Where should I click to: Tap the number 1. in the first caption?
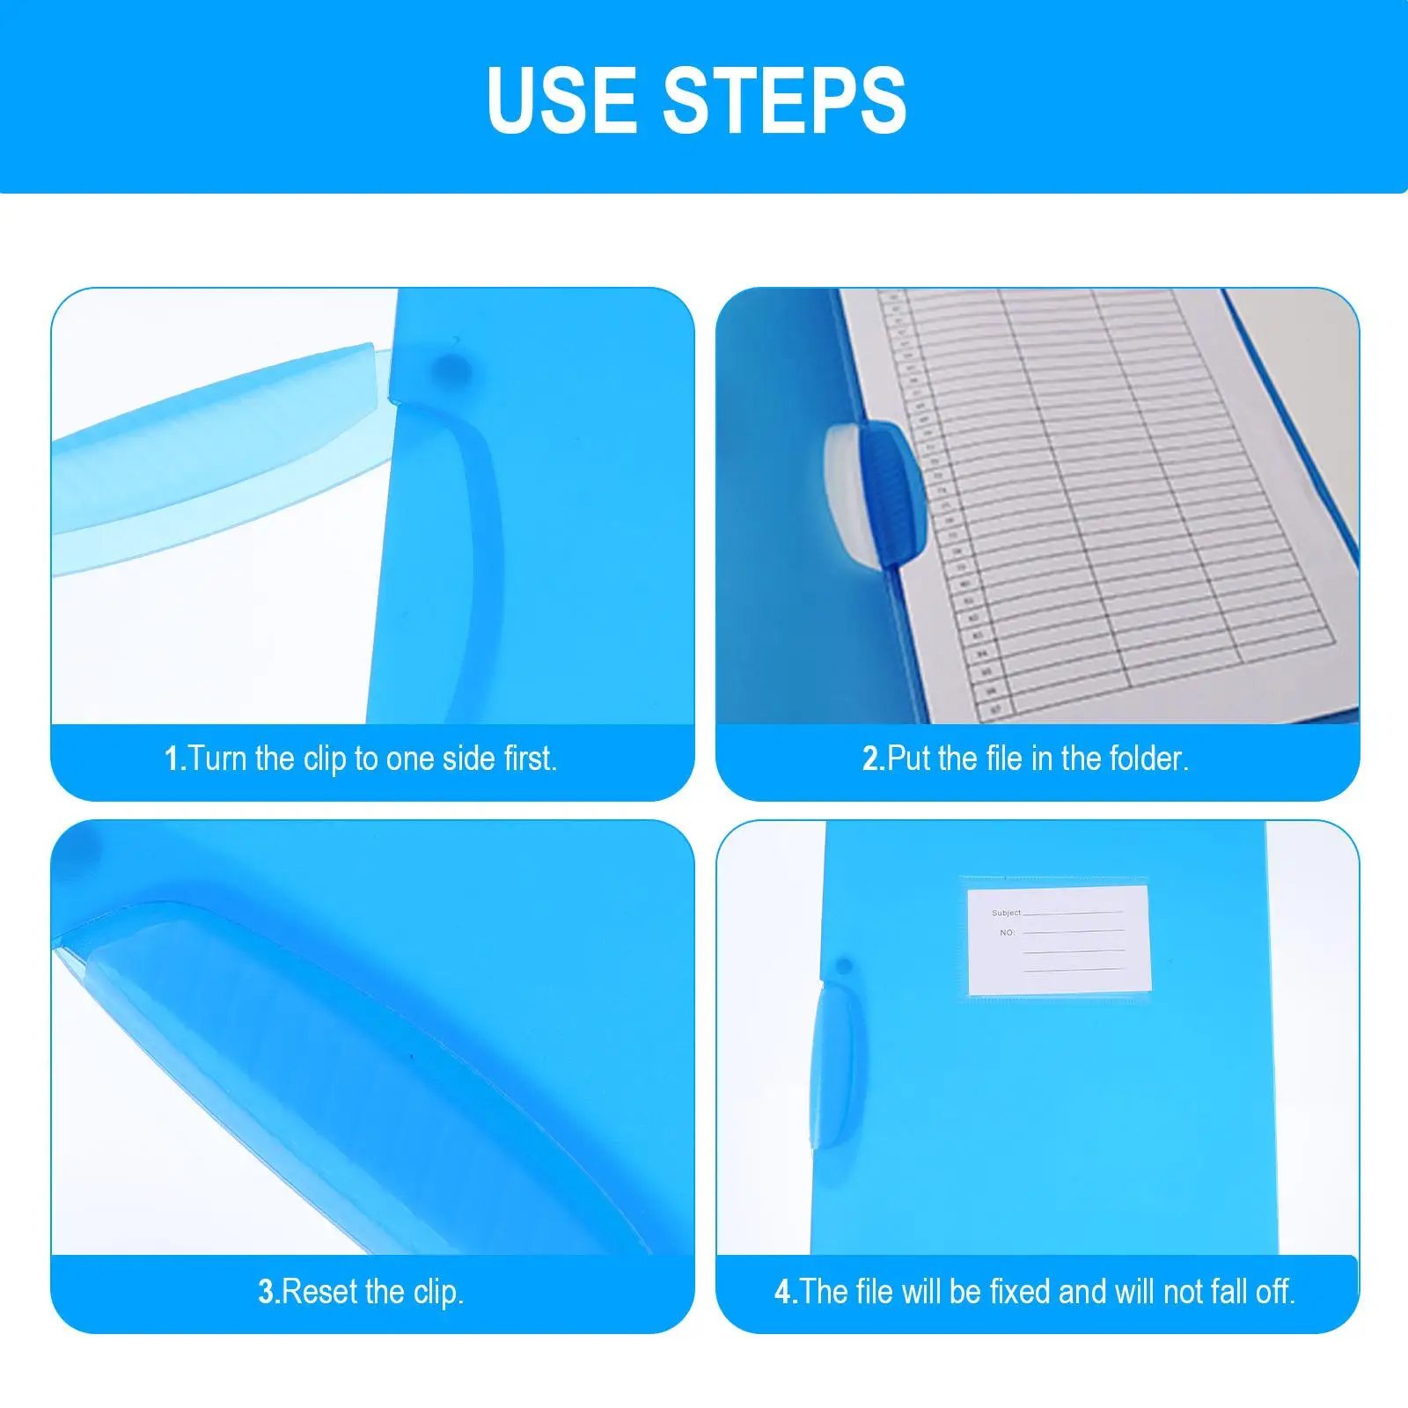point(175,759)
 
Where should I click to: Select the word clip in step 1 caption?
point(325,759)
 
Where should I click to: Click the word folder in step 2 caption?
point(1148,759)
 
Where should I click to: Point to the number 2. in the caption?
point(873,759)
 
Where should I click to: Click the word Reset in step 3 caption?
point(320,1292)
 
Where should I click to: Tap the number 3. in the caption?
point(268,1292)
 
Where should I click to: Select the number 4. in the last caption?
point(786,1292)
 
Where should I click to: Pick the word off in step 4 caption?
point(1274,1292)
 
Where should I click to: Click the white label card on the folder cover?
point(1059,939)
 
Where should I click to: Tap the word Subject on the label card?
point(1006,913)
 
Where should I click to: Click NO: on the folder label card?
point(1007,932)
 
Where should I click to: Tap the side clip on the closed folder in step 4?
point(830,1065)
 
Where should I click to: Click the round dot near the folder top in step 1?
point(451,367)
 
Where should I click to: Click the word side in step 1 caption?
point(469,759)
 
